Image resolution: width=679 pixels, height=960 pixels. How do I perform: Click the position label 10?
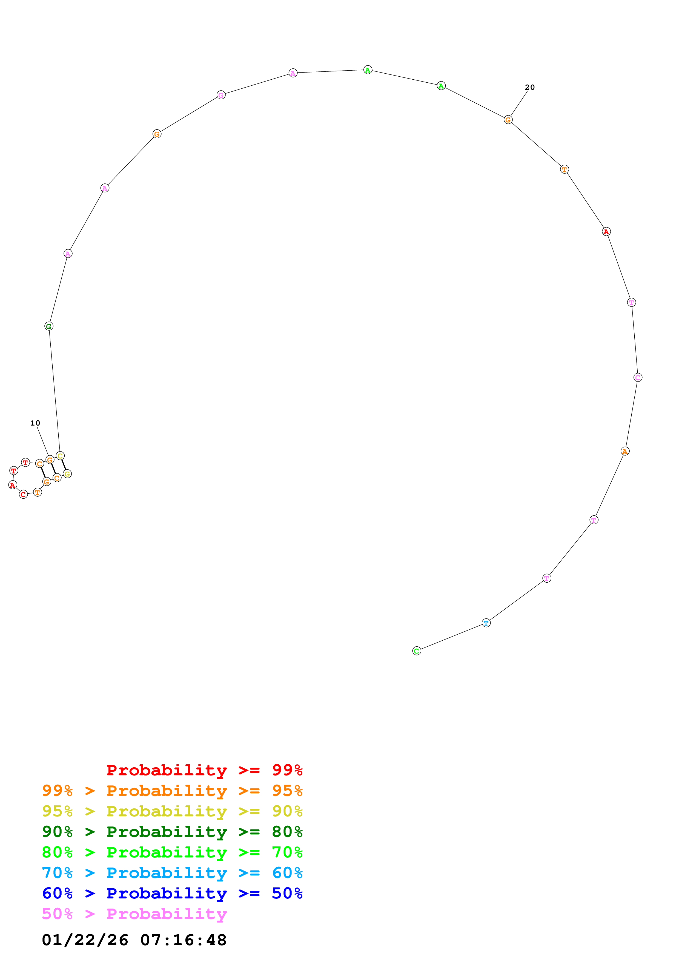35,423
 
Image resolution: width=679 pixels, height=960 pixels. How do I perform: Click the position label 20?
530,87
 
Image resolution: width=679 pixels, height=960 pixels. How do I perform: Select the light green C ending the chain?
417,651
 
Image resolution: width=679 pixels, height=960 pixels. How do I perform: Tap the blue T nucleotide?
486,623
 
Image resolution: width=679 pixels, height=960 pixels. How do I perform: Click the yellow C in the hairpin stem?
60,456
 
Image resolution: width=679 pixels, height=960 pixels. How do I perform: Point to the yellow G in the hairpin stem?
67,474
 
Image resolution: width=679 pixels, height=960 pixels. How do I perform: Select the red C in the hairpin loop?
24,494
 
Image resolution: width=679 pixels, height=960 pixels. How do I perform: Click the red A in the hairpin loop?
13,485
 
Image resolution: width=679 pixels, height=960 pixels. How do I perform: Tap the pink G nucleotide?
221,95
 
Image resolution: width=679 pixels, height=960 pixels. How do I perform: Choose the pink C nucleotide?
638,378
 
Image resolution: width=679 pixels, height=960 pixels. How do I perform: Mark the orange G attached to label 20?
508,120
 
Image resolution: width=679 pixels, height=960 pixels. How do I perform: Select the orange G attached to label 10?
50,460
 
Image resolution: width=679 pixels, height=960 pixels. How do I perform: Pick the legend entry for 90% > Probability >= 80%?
172,832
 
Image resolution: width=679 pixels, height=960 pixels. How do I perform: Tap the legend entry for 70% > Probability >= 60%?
172,873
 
